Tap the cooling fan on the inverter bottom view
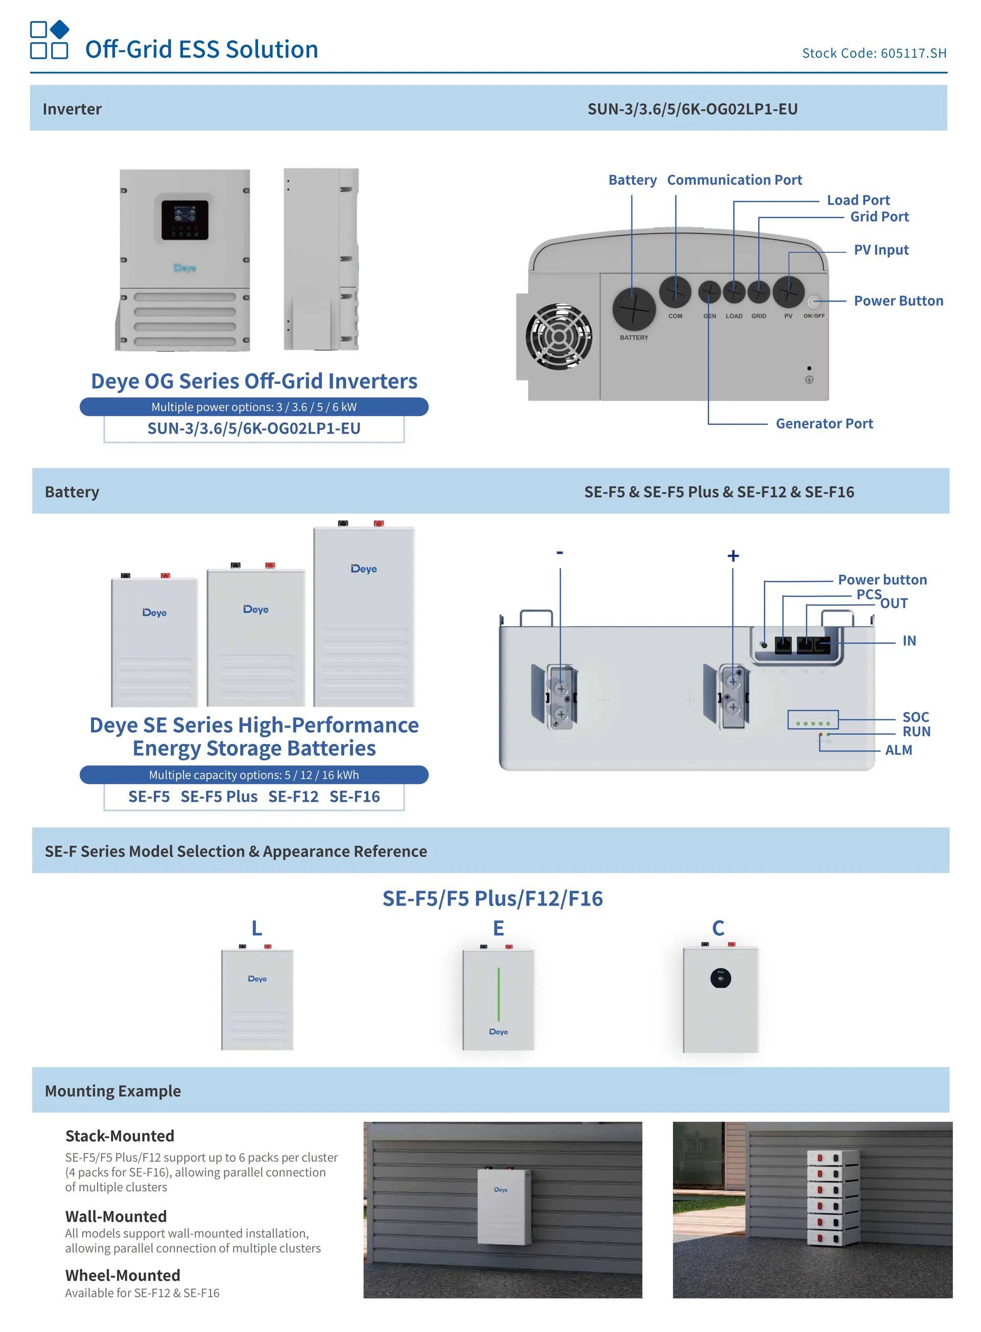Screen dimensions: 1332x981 559,336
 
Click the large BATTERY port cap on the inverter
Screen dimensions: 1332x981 634,309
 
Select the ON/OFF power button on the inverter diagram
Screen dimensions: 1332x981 814,302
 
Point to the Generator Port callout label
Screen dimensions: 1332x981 824,423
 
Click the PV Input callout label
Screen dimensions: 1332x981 881,250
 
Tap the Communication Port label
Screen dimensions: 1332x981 734,180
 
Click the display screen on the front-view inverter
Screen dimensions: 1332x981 184,219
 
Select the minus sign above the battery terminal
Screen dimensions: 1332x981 559,553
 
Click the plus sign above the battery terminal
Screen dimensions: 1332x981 733,555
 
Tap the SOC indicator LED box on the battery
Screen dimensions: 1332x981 812,719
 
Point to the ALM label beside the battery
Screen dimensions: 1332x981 898,750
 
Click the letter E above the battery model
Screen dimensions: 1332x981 498,928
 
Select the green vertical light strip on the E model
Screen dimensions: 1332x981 498,994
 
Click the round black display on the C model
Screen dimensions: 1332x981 720,978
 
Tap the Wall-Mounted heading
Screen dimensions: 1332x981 116,1216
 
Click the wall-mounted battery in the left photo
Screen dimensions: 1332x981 504,1206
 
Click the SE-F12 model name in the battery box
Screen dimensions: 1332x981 293,797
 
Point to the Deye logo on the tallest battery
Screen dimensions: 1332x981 363,569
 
